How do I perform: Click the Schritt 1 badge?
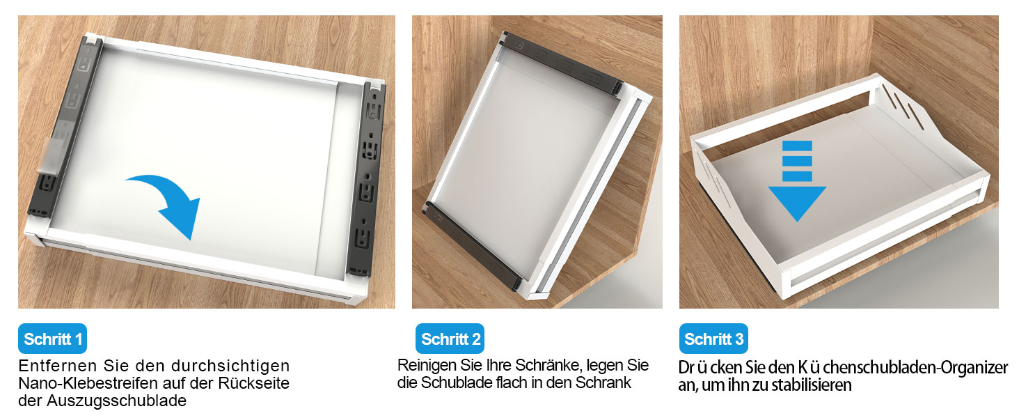52,339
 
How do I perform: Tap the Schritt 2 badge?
450,339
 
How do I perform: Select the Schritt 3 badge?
713,339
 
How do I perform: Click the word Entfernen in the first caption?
58,366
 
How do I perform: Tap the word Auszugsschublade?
116,401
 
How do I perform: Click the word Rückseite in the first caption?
254,383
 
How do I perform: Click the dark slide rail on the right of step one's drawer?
367,180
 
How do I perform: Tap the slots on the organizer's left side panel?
712,180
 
